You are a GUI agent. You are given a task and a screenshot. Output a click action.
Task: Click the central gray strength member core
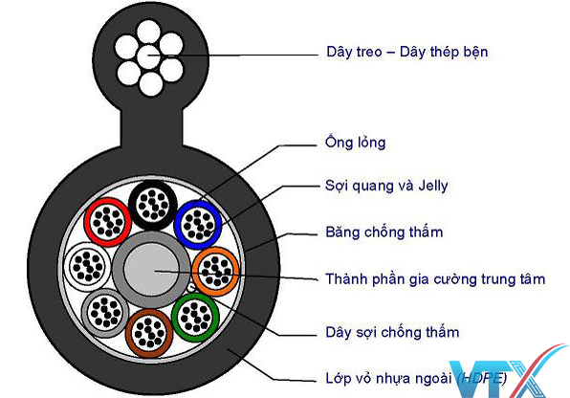point(151,270)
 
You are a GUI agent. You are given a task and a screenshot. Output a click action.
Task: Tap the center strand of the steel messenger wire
point(149,56)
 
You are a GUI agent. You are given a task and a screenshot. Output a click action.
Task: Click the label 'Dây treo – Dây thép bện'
point(406,52)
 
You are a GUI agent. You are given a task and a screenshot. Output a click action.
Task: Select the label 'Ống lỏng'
point(355,143)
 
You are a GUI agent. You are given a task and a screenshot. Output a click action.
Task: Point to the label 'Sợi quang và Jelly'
point(386,186)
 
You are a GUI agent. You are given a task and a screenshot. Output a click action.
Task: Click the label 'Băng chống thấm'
point(384,232)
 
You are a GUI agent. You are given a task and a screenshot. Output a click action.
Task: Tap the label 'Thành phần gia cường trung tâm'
point(435,279)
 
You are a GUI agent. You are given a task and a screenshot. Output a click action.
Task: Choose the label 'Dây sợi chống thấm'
point(392,333)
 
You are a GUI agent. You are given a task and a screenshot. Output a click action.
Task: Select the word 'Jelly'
point(433,186)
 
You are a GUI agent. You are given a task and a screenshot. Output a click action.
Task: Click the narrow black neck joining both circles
point(151,127)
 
